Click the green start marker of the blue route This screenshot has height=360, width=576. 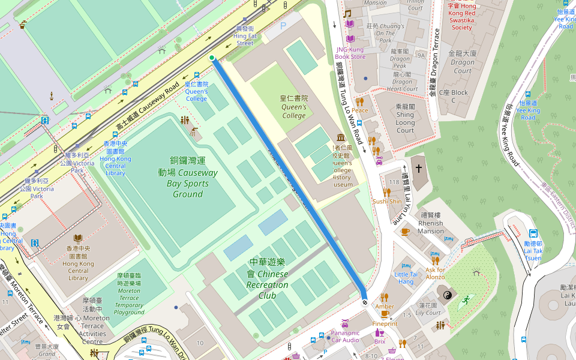[x=212, y=58]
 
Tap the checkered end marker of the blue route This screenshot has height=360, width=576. [x=364, y=302]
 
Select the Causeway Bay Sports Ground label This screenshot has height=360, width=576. [x=188, y=177]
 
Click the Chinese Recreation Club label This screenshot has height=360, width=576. [x=268, y=279]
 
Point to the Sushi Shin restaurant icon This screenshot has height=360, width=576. [x=387, y=193]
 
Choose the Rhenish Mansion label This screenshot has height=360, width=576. [x=431, y=223]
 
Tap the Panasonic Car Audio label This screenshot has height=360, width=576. [x=345, y=336]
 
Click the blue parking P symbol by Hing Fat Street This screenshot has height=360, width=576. [x=283, y=26]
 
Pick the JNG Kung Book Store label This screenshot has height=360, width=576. [x=350, y=53]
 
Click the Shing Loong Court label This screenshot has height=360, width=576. [x=405, y=118]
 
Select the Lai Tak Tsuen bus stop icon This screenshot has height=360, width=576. [x=533, y=234]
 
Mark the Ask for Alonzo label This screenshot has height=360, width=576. [x=436, y=273]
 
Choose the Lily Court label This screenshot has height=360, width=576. [x=428, y=309]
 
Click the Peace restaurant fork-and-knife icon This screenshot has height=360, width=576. [x=359, y=101]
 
